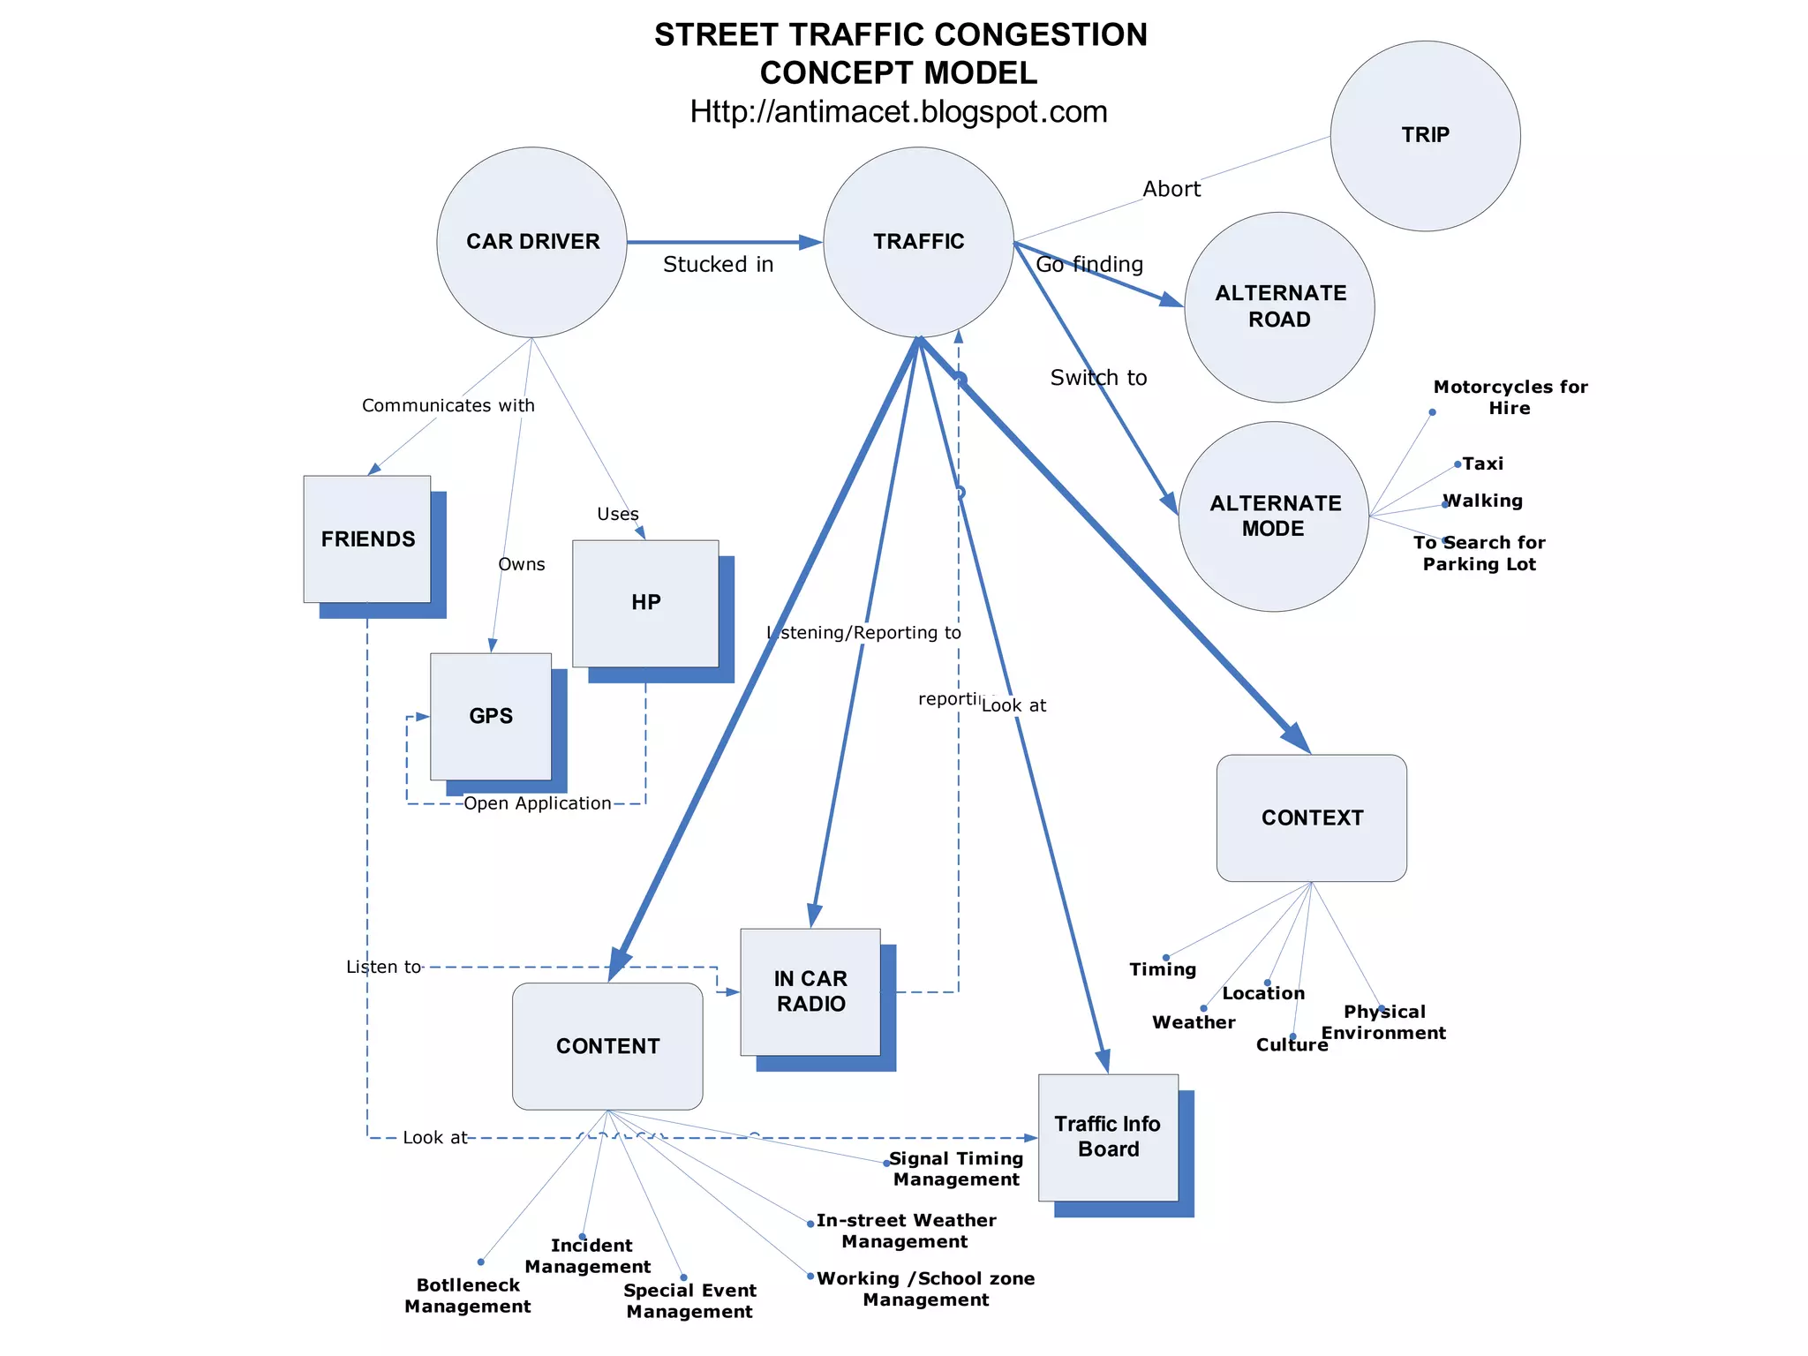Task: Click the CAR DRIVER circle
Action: pyautogui.click(x=531, y=242)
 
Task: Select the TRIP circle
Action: pyautogui.click(x=1425, y=136)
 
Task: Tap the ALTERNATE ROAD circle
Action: pyautogui.click(x=1279, y=306)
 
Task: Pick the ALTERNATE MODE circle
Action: pyautogui.click(x=1273, y=516)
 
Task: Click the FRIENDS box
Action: pyautogui.click(x=367, y=539)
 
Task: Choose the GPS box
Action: pyautogui.click(x=491, y=716)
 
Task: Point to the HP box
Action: pyautogui.click(x=645, y=603)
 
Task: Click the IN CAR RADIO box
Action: pyautogui.click(x=810, y=991)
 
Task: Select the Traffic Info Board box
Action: pyautogui.click(x=1108, y=1137)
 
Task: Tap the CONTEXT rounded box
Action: pyautogui.click(x=1311, y=817)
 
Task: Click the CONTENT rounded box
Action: pyautogui.click(x=607, y=1046)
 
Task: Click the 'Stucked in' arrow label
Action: pyautogui.click(x=718, y=265)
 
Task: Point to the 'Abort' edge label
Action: pyautogui.click(x=1171, y=189)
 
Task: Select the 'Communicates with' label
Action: pyautogui.click(x=448, y=405)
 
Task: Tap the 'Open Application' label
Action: pyautogui.click(x=537, y=803)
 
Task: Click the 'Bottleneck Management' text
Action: pyautogui.click(x=468, y=1296)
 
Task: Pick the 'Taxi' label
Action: pyautogui.click(x=1482, y=463)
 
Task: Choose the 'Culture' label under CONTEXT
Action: pyautogui.click(x=1292, y=1045)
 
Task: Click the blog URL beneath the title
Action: pyautogui.click(x=898, y=112)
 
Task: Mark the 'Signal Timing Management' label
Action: pyautogui.click(x=956, y=1169)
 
